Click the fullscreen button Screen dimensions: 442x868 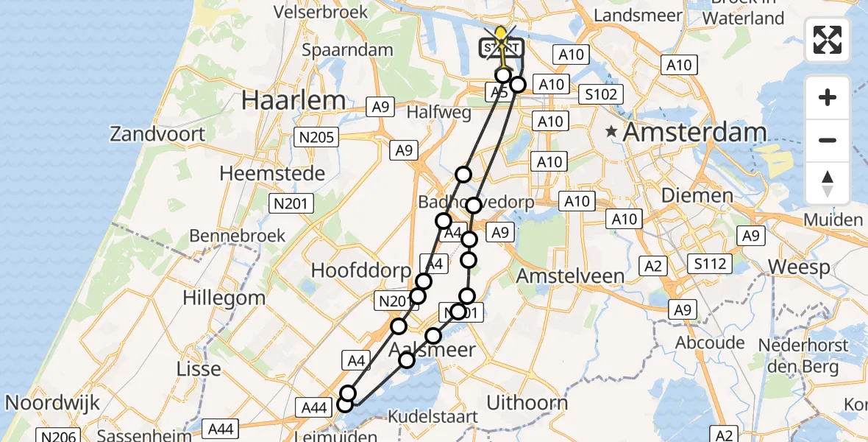coord(828,40)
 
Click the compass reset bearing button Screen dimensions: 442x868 coord(828,183)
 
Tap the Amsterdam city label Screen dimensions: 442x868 coord(695,133)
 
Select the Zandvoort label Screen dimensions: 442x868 coord(157,134)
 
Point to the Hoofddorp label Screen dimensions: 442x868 coord(360,270)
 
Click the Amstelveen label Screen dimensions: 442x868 coord(570,276)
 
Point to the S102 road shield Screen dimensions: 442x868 coord(600,94)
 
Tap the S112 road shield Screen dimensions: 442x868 coord(710,263)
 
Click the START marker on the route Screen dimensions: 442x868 coord(502,49)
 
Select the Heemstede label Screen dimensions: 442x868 coord(272,175)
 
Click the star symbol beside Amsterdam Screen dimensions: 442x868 coord(611,133)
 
